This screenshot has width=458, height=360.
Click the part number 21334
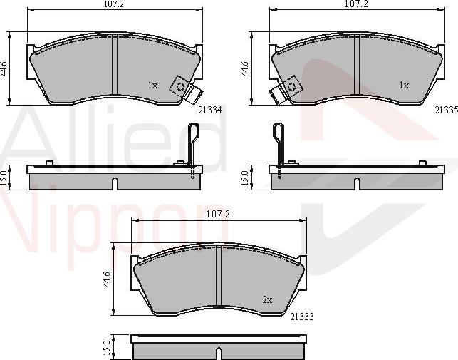point(210,110)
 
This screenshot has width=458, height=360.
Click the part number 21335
point(446,110)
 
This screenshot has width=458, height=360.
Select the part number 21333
point(302,317)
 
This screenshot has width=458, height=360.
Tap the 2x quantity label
point(267,299)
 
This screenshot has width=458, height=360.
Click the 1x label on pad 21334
point(152,85)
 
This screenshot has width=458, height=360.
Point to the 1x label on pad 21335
point(405,85)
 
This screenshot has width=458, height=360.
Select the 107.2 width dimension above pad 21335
point(356,4)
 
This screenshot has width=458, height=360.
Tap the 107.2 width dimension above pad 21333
point(218,215)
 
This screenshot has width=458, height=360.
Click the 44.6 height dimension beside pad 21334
point(4,69)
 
